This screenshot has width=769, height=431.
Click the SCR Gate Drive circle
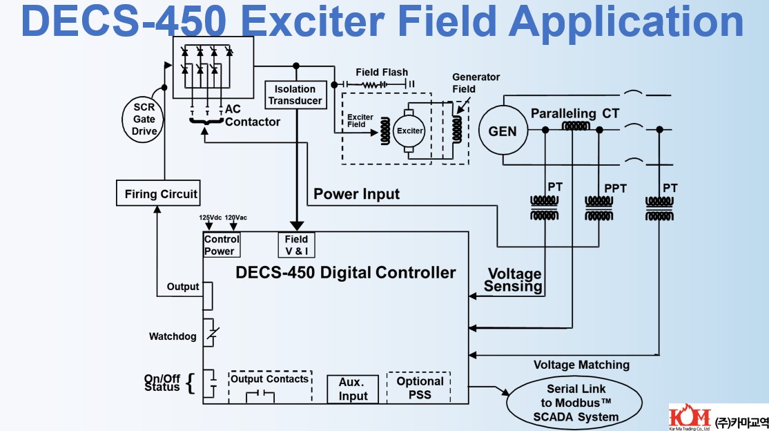pyautogui.click(x=145, y=119)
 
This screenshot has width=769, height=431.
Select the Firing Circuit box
pyautogui.click(x=161, y=194)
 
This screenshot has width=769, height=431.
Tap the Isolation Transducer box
pyautogui.click(x=295, y=95)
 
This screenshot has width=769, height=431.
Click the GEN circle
pyautogui.click(x=502, y=131)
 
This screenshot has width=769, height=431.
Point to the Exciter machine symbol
pyautogui.click(x=409, y=131)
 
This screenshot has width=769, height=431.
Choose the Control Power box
pyautogui.click(x=222, y=245)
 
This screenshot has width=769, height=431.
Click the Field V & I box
pyautogui.click(x=297, y=245)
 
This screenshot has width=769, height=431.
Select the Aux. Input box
pyautogui.click(x=353, y=389)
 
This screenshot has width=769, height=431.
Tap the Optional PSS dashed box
pyautogui.click(x=420, y=387)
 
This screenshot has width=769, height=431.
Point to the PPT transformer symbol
pyautogui.click(x=598, y=206)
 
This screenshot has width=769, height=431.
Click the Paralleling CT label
pyautogui.click(x=574, y=113)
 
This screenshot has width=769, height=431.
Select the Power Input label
pyautogui.click(x=356, y=194)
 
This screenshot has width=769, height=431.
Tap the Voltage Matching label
pyautogui.click(x=581, y=365)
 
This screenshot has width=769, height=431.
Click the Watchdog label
pyautogui.click(x=173, y=337)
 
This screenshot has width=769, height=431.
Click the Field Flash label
pyautogui.click(x=382, y=72)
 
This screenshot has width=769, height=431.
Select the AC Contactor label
pyautogui.click(x=252, y=116)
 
